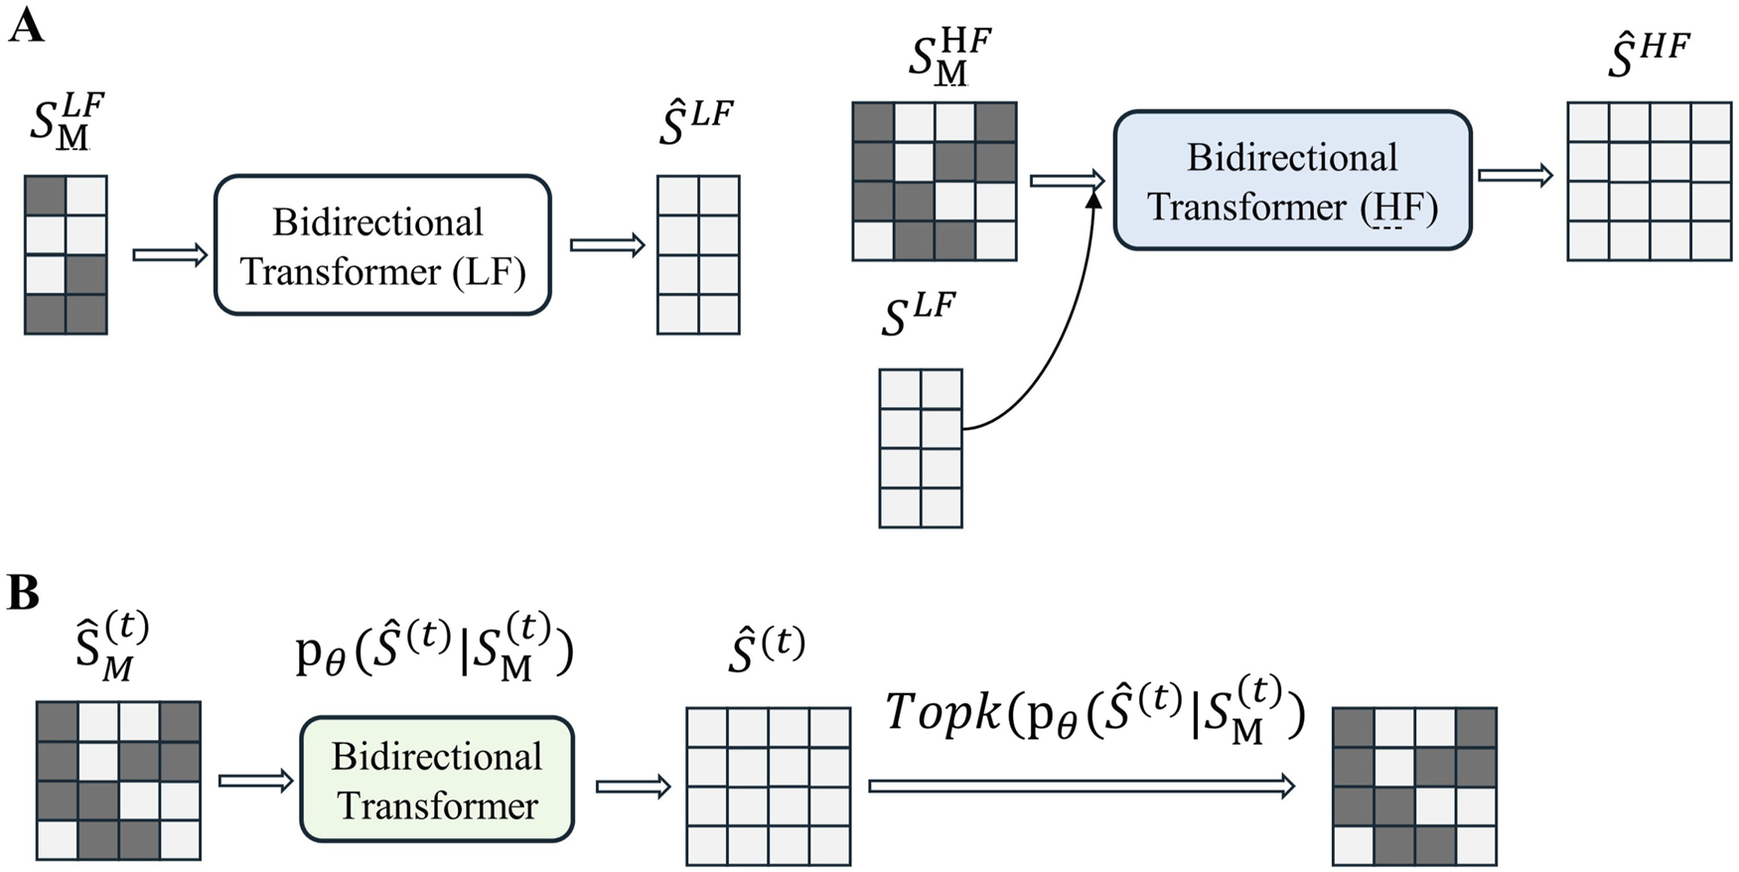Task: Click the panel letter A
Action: (26, 24)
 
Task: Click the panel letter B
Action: (23, 593)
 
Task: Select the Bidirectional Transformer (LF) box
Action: (382, 245)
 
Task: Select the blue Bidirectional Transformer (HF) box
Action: (1291, 181)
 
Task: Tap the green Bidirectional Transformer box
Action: (437, 780)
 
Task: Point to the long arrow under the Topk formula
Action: (1083, 787)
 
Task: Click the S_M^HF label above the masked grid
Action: (948, 58)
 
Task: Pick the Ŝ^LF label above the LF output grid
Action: (695, 123)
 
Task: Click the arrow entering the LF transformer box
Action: (170, 255)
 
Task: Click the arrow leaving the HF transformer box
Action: (1515, 176)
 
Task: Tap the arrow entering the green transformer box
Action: (256, 782)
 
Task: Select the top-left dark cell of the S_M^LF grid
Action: (45, 196)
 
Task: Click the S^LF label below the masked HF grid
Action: (918, 315)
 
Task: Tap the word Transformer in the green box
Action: (437, 805)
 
